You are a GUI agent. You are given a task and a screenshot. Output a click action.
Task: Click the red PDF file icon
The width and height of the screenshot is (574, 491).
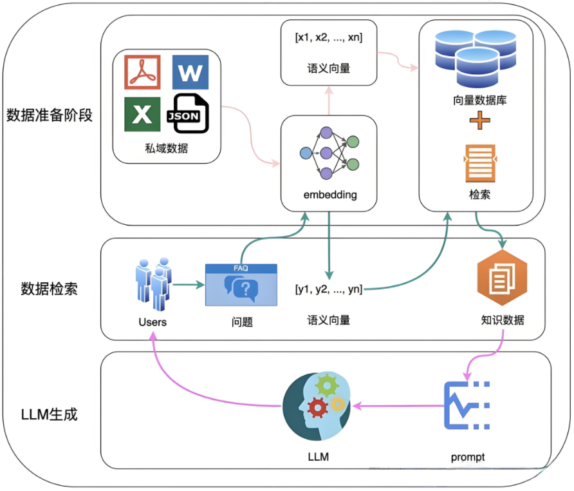pos(142,72)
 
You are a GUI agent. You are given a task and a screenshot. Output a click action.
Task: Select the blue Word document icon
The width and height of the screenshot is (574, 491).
pos(190,72)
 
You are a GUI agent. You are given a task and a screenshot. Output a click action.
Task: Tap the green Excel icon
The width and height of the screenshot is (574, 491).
pos(142,114)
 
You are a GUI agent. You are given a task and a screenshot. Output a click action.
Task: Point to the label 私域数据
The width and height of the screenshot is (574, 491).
pos(166,148)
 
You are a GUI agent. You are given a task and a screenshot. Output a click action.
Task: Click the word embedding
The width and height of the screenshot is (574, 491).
pos(328,195)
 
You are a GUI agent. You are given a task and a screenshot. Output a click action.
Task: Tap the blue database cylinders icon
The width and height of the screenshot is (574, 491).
pos(476,59)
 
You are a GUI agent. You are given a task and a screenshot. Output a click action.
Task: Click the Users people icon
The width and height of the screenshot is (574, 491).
pos(153,284)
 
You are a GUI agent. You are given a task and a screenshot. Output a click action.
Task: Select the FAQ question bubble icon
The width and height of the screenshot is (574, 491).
pos(241,285)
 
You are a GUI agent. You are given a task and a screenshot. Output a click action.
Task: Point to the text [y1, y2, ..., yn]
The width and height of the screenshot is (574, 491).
pos(329,290)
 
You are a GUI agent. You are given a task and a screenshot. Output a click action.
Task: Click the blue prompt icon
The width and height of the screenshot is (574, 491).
pos(467,406)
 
